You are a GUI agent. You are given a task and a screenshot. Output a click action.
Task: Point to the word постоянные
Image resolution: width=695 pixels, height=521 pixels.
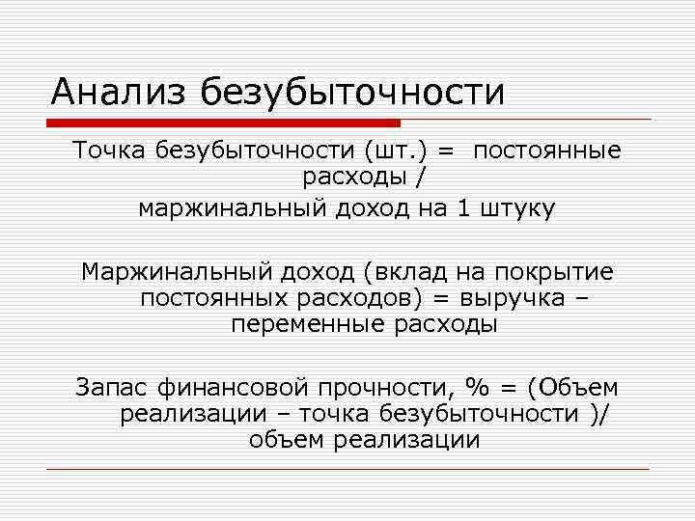point(547,151)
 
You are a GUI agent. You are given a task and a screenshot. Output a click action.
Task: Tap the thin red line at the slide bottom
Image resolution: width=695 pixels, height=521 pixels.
point(347,470)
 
